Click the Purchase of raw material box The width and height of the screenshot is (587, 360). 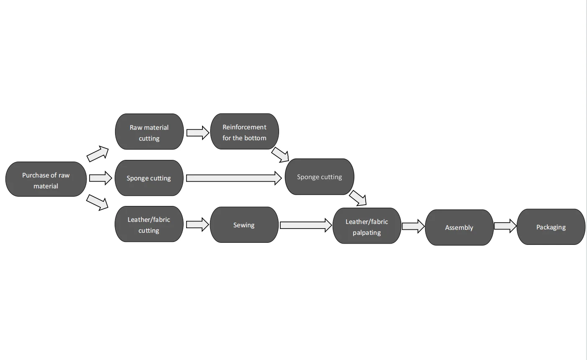[46, 179]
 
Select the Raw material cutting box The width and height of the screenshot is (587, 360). [149, 131]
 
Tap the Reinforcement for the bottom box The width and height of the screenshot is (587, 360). [244, 131]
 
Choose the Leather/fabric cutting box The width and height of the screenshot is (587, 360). [149, 224]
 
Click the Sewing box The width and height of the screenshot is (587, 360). [244, 225]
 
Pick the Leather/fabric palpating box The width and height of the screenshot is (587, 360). [367, 226]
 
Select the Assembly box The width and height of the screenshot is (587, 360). [459, 227]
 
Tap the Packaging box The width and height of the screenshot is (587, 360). [551, 227]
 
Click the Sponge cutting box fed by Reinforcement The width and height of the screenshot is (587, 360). [320, 177]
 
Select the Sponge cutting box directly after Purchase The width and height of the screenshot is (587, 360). [149, 178]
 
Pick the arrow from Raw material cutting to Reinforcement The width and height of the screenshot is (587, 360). [198, 133]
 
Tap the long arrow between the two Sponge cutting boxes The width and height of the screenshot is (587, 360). [234, 178]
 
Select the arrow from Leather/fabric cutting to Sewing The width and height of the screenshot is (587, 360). [197, 224]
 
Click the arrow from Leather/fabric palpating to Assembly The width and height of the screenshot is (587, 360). [413, 226]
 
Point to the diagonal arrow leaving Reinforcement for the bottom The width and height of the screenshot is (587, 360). [280, 155]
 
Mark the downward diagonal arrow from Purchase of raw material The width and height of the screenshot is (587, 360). [97, 203]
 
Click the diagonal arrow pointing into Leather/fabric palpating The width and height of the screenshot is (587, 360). [358, 198]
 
